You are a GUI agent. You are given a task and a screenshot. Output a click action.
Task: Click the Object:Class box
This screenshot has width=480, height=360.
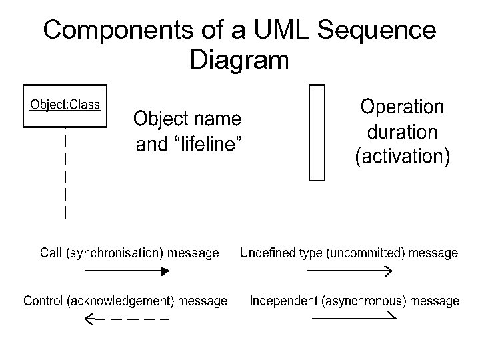click(x=65, y=105)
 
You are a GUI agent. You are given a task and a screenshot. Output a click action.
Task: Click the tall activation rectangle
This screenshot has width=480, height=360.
click(x=317, y=133)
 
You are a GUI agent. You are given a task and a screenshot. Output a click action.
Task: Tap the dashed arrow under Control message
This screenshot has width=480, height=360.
click(x=126, y=320)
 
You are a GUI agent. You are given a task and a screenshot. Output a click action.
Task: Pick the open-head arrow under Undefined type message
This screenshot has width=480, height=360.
click(x=348, y=271)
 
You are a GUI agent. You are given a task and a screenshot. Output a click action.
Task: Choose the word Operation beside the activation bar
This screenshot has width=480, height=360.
click(x=401, y=107)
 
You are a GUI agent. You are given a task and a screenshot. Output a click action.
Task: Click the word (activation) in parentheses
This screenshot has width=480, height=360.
click(x=401, y=157)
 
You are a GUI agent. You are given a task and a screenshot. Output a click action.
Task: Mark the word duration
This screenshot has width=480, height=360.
click(x=401, y=132)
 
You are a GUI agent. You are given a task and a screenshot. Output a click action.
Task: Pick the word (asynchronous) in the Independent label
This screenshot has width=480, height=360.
click(x=364, y=301)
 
